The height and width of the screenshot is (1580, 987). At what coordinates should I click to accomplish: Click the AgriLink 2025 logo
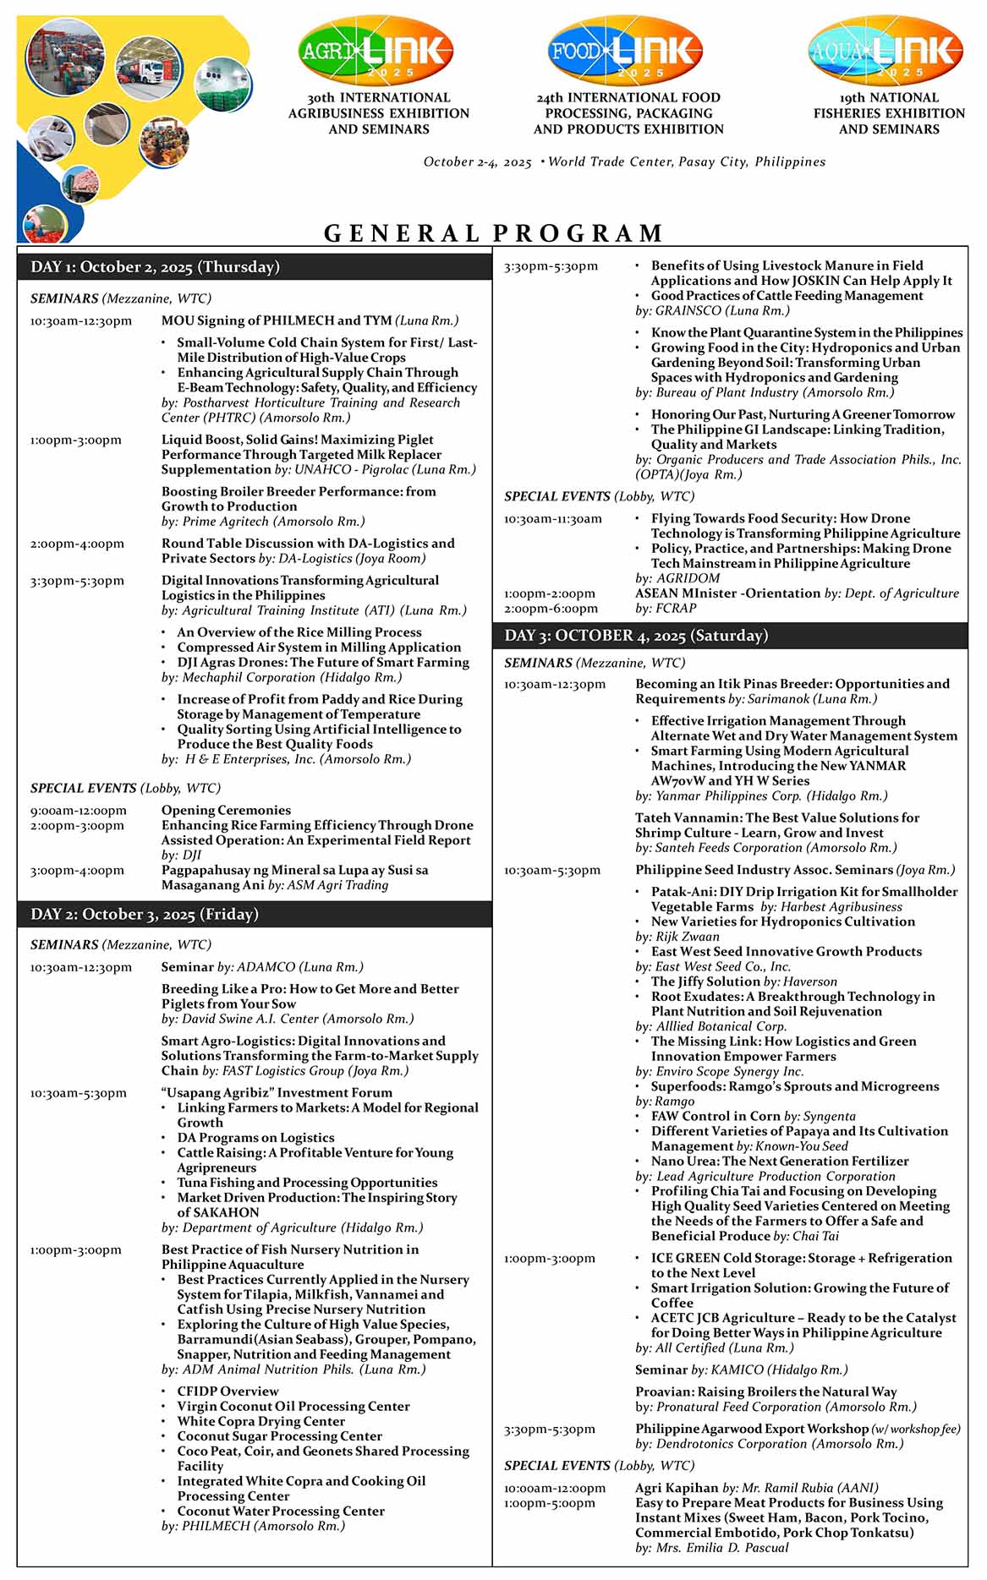376,52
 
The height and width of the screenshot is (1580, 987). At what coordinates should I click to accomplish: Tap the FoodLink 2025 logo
627,52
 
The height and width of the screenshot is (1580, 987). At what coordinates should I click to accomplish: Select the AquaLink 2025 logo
886,52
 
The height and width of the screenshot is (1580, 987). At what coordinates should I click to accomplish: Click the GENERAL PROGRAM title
494,232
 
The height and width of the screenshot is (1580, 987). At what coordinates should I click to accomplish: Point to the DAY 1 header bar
255,267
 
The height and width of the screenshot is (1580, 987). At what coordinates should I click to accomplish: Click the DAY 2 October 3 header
255,915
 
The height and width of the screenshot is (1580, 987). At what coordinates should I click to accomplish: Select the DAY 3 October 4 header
730,636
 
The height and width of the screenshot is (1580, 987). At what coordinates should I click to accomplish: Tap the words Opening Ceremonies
226,810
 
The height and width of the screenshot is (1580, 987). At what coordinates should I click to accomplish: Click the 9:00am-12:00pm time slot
79,810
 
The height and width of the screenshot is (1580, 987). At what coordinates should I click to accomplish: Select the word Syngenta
829,1116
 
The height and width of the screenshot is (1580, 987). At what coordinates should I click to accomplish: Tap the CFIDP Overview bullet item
228,1391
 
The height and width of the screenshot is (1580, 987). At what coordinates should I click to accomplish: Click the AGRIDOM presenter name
688,578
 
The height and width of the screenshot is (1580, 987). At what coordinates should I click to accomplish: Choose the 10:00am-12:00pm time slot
555,1487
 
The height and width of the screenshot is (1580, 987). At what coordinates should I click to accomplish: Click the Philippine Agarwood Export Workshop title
752,1429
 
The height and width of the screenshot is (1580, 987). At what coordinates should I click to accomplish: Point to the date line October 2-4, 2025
478,161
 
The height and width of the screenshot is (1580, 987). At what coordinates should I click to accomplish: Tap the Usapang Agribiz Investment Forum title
277,1092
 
